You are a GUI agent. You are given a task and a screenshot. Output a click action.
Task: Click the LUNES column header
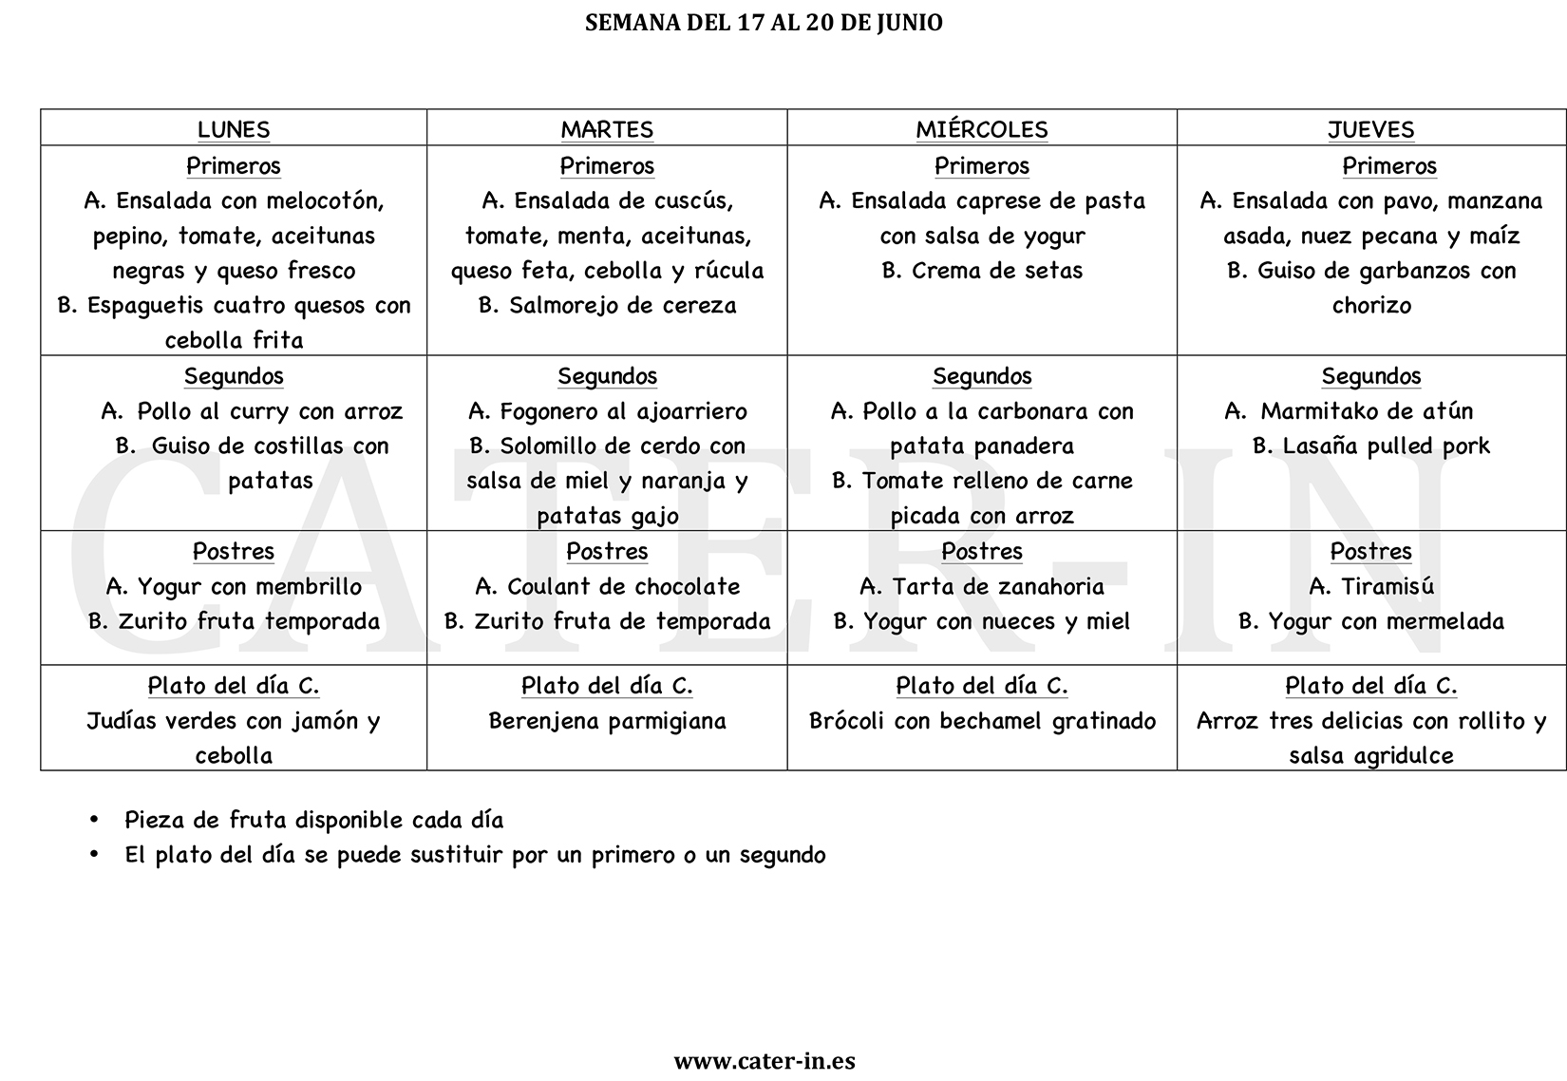[234, 129]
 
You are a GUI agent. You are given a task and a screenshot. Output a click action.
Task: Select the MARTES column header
[607, 129]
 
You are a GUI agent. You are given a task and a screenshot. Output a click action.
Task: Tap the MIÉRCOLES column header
[982, 129]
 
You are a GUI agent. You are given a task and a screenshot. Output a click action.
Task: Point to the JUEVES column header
[1370, 129]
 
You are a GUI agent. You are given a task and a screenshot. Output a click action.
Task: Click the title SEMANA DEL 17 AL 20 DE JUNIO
[764, 23]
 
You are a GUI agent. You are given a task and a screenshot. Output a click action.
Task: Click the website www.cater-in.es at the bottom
[765, 1061]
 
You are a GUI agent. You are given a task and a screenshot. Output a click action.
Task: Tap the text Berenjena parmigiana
[607, 721]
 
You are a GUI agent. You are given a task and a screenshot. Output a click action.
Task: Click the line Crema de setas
[996, 271]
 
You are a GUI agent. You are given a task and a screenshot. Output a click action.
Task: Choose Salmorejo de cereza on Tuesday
[622, 306]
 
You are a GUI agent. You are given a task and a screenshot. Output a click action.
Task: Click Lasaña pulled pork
[1386, 446]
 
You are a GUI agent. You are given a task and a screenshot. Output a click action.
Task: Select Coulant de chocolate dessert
[623, 586]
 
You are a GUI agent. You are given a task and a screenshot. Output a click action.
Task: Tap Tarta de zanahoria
[997, 586]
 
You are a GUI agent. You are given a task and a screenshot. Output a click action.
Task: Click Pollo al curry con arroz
[270, 411]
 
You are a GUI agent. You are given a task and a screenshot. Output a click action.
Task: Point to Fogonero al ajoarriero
[623, 411]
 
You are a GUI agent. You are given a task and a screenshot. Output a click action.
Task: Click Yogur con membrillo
[249, 586]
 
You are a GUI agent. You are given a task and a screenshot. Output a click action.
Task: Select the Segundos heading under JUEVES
[1370, 376]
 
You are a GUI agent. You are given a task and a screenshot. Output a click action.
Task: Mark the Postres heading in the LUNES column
[234, 551]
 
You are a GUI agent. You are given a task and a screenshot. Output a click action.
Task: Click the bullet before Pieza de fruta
[93, 820]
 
